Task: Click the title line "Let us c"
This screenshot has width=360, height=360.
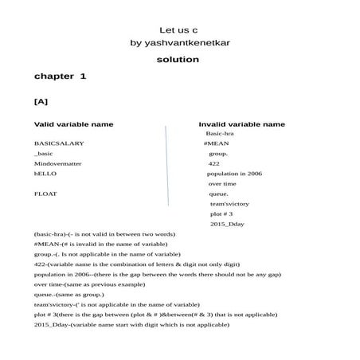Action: point(178,29)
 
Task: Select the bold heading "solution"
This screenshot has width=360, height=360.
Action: point(178,60)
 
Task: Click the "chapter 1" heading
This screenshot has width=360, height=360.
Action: point(60,76)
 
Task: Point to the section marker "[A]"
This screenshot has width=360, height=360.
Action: point(41,102)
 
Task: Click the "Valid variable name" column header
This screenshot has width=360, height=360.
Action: point(73,124)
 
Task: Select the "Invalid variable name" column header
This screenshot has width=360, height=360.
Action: point(241,124)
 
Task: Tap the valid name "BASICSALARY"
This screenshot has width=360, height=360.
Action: point(59,143)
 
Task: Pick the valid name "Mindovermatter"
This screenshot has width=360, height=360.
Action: point(61,163)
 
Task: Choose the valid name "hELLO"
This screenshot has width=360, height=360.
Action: point(46,174)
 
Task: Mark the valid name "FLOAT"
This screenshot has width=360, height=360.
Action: point(45,194)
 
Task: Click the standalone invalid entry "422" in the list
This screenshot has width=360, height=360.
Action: point(214,163)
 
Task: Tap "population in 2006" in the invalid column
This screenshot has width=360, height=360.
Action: point(234,174)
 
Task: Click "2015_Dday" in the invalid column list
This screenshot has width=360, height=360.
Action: point(227,225)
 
